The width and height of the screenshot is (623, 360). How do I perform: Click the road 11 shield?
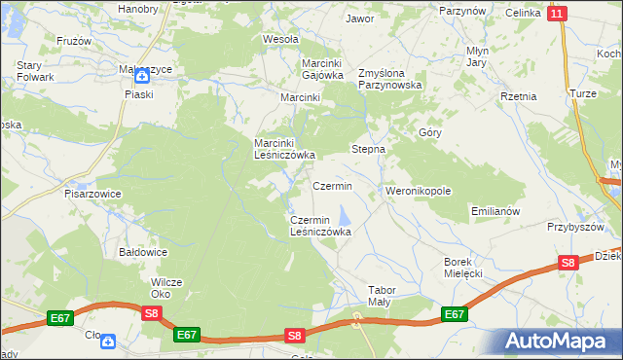pyautogui.click(x=556, y=13)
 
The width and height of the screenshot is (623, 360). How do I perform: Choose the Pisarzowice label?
pyautogui.click(x=93, y=194)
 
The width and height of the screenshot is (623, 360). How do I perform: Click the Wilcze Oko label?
pyautogui.click(x=166, y=288)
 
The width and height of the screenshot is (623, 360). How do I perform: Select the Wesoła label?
pyautogui.click(x=280, y=40)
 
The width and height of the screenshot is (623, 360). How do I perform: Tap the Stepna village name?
pyautogui.click(x=368, y=150)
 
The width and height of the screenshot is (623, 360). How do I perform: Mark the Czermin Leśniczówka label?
pyautogui.click(x=320, y=227)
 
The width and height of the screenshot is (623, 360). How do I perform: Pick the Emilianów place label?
pyautogui.click(x=496, y=211)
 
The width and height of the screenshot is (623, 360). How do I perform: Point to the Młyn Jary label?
pyautogui.click(x=476, y=56)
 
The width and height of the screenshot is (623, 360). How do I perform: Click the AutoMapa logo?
pyautogui.click(x=558, y=341)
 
